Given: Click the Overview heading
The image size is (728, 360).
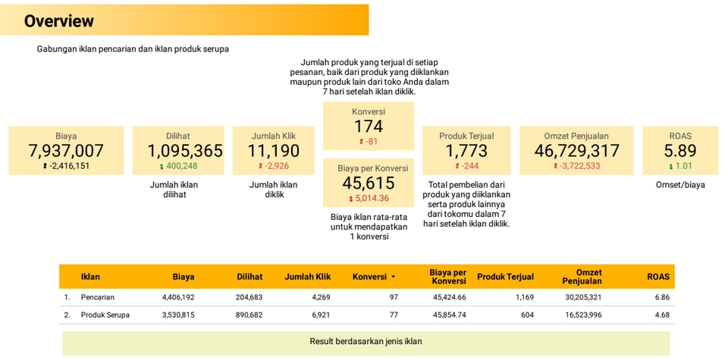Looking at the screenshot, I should point(59,21).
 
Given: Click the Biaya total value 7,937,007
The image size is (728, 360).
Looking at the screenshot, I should point(66,151).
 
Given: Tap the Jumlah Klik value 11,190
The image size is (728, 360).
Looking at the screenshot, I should point(274,151).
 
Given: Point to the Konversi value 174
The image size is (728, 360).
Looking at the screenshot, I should point(369,127).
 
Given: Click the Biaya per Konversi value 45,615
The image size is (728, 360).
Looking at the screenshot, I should point(369,183).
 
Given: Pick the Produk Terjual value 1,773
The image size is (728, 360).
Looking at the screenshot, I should point(466,151).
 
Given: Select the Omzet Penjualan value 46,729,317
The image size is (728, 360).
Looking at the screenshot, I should point(577,151).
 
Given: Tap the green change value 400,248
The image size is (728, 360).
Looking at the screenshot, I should point(181,166).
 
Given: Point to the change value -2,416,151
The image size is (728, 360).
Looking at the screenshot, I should point(69,166).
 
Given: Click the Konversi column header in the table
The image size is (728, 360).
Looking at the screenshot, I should point(370,277).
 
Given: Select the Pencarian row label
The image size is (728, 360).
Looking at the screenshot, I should point(98,297).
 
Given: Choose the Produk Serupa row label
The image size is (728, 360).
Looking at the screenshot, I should point(105,315).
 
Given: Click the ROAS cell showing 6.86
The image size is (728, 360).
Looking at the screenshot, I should point(662,297).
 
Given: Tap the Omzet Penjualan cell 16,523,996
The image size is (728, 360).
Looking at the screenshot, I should point(582,315).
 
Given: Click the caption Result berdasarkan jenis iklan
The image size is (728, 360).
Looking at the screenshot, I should point(366,341).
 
